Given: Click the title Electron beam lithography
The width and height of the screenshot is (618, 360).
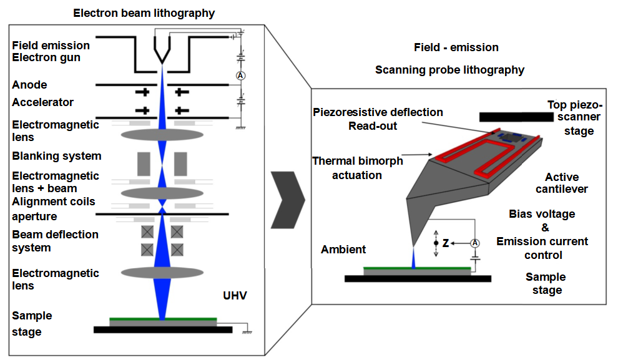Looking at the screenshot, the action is coord(144,13).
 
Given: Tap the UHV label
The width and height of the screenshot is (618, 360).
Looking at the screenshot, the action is coord(235,295).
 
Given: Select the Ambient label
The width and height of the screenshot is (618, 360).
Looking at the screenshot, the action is coord(343,250).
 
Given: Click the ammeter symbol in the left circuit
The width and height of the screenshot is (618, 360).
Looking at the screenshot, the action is coord(240,75).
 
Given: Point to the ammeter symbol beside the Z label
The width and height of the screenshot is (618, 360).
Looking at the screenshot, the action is coord(475,243).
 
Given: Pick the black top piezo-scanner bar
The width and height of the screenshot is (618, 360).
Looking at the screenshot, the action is coord(516,117).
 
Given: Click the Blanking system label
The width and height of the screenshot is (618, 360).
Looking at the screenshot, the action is coord(57,156).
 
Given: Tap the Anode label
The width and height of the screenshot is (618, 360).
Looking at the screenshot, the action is coord(29,85).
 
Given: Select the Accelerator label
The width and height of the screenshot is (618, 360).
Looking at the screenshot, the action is coord(42,102).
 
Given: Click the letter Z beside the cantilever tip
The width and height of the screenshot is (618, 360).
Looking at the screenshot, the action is coord(445,243).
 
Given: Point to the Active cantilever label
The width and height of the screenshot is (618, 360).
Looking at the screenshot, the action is coord(562,183).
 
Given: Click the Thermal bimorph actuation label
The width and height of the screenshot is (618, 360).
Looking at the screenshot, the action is coord(358,168).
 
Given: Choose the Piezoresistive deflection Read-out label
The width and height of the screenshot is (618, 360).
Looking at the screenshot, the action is coord(378,119).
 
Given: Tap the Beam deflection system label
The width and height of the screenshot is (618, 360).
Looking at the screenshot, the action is coord(55,241).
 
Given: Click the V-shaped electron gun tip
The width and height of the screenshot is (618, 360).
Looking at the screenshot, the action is coord(162,51).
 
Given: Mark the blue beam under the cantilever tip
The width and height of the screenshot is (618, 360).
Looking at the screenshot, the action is coord(413,258).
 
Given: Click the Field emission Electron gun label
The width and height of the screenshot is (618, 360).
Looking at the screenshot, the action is coord(51,52).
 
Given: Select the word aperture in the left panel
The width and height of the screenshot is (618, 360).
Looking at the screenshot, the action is coord(34,216).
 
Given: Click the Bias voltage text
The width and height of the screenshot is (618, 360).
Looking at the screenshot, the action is coord(542,214).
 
